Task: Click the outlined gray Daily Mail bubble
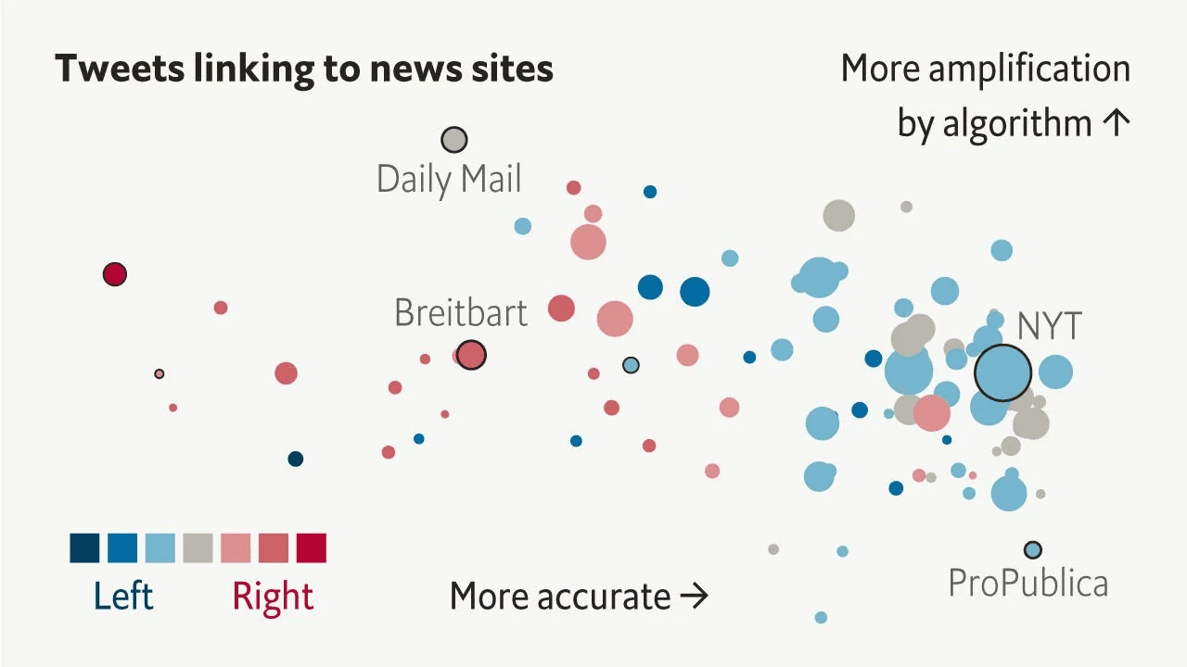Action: click(454, 140)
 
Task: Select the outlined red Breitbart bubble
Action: click(471, 355)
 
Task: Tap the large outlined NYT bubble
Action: click(1002, 372)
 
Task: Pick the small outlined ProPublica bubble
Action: click(1032, 550)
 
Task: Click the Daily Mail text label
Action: click(449, 179)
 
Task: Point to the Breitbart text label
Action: click(461, 312)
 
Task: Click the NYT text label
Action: click(1049, 325)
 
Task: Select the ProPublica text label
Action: click(1028, 584)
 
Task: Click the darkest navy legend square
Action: click(84, 547)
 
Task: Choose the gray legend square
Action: click(198, 547)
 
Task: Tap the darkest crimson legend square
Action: click(312, 547)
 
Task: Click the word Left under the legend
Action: click(123, 596)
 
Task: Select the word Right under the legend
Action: click(273, 598)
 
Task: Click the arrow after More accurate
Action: click(695, 596)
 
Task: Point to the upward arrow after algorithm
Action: click(1117, 123)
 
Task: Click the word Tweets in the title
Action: click(120, 69)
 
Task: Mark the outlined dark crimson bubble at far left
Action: click(115, 274)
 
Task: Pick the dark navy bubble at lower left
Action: click(296, 459)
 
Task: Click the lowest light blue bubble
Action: click(821, 617)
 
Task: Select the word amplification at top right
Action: click(1029, 69)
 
